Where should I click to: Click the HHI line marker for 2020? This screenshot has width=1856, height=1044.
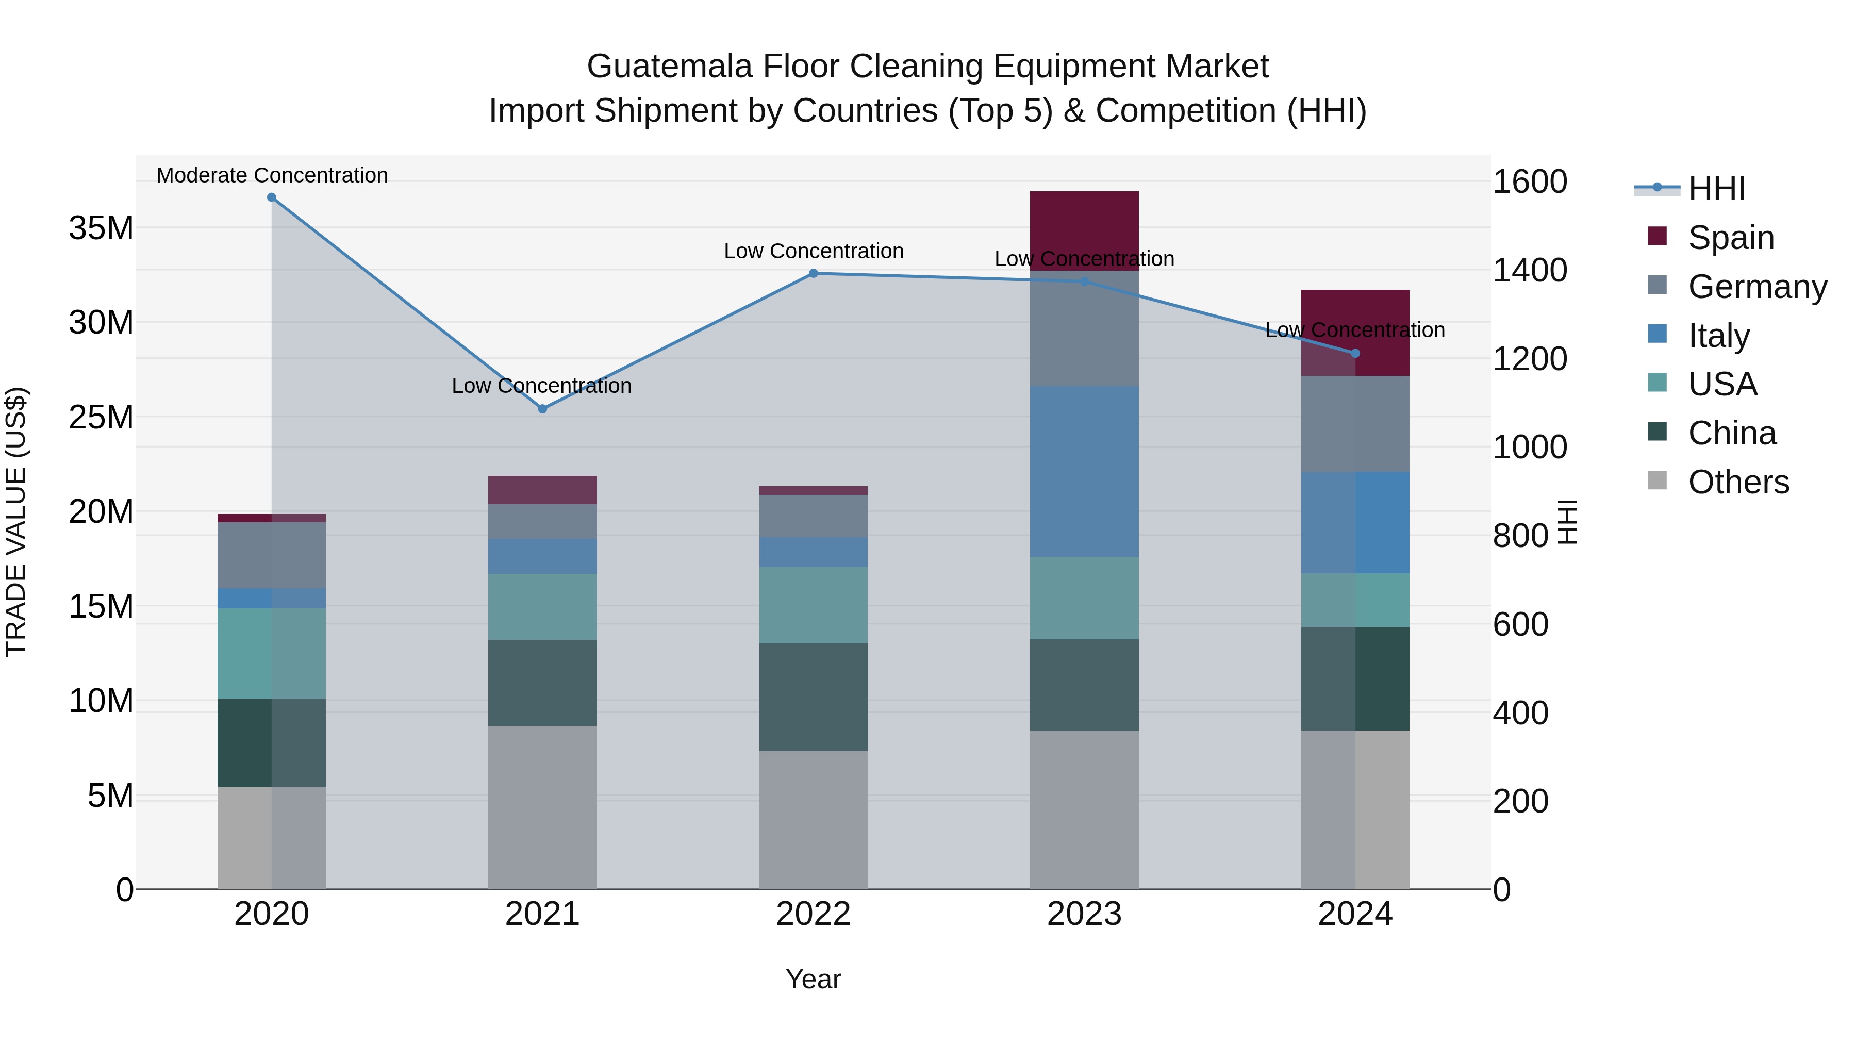(x=272, y=197)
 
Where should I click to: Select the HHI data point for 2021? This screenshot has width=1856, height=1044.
(x=542, y=408)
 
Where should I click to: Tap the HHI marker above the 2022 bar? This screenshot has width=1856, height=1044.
(x=814, y=273)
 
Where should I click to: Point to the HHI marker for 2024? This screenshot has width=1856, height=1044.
(x=1355, y=353)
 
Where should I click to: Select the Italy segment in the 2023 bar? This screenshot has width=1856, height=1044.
(x=1084, y=471)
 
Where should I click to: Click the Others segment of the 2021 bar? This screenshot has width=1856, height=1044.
(x=542, y=807)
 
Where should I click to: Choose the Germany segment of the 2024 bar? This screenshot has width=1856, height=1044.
(x=1355, y=424)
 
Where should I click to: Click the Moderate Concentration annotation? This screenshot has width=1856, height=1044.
(x=272, y=175)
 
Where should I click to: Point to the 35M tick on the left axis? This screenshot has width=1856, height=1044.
(x=101, y=228)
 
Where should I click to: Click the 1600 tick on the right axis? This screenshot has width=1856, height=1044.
(x=1529, y=181)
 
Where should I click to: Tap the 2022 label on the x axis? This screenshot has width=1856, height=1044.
(x=814, y=914)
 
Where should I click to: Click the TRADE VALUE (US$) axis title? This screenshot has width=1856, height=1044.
(x=16, y=522)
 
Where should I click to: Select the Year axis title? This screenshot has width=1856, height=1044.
(x=814, y=979)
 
